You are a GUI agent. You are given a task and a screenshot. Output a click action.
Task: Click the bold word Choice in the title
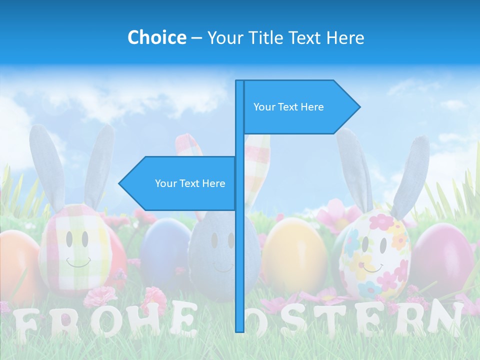(x=156, y=37)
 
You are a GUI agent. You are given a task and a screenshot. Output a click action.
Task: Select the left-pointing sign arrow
(x=177, y=183)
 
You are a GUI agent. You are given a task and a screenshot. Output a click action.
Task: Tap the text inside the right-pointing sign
(x=288, y=107)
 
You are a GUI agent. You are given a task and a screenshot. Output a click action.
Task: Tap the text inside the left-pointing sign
(x=190, y=183)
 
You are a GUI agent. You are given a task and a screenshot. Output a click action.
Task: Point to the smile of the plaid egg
(x=78, y=262)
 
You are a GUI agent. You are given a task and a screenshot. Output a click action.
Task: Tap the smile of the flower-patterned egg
(x=372, y=268)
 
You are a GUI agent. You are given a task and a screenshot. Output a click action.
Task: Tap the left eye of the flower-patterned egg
(x=365, y=244)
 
